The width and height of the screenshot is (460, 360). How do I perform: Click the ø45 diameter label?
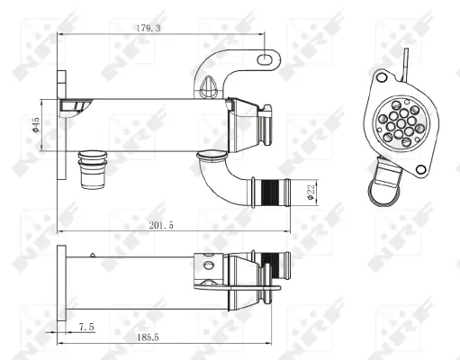coord(34,127)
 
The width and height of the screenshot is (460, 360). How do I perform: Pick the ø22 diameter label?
coord(309,192)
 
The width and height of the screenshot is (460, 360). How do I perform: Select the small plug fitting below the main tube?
coord(92,167)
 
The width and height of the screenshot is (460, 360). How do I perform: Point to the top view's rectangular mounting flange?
coord(60,127)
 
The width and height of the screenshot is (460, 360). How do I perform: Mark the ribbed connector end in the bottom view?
coord(278,269)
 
